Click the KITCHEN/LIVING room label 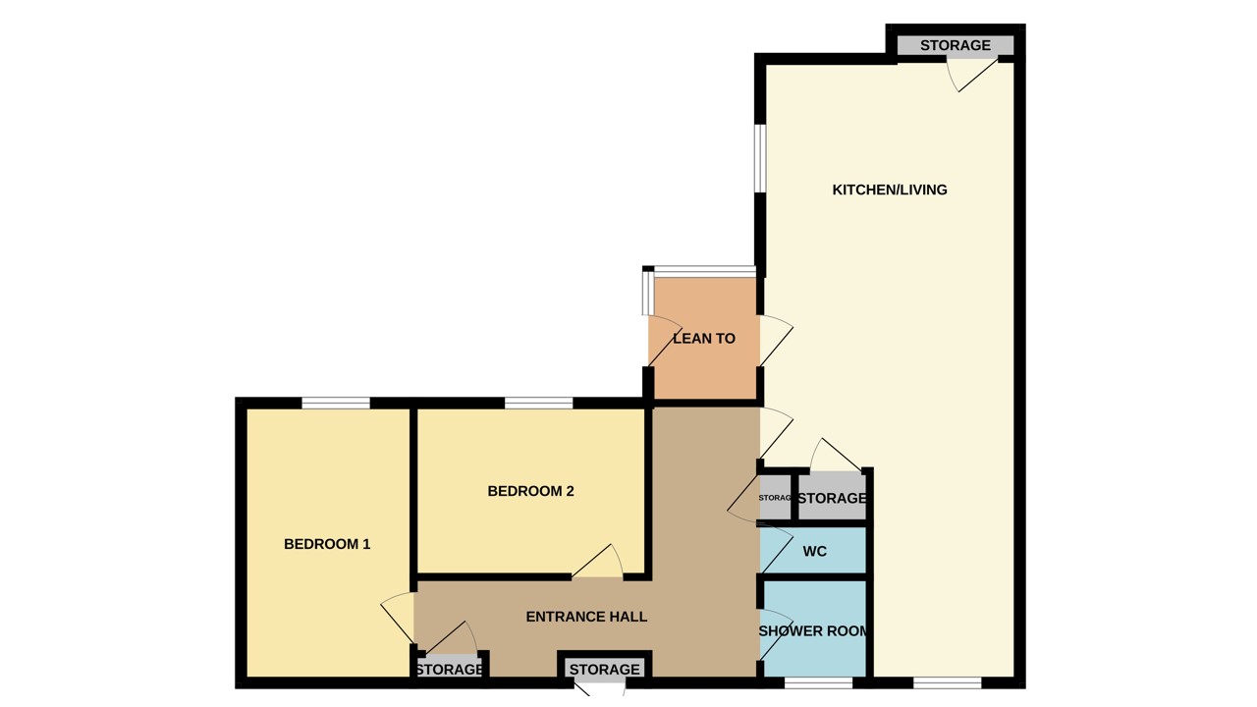tap(890, 190)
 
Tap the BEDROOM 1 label tap(327, 544)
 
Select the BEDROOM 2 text tap(530, 491)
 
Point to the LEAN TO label tap(704, 338)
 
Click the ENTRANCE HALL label tap(586, 617)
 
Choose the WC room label tap(815, 552)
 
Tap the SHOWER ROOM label tap(813, 630)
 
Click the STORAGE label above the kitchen tap(955, 45)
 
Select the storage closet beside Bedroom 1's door tap(449, 669)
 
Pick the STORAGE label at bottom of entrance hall tap(604, 669)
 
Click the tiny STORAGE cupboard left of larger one tap(775, 498)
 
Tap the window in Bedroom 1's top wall tap(336, 403)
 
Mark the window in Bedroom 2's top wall tap(538, 403)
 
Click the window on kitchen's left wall tap(759, 158)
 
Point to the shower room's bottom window tap(818, 682)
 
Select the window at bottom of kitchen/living tap(947, 682)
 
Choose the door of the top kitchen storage tap(971, 75)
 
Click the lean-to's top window tap(704, 271)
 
